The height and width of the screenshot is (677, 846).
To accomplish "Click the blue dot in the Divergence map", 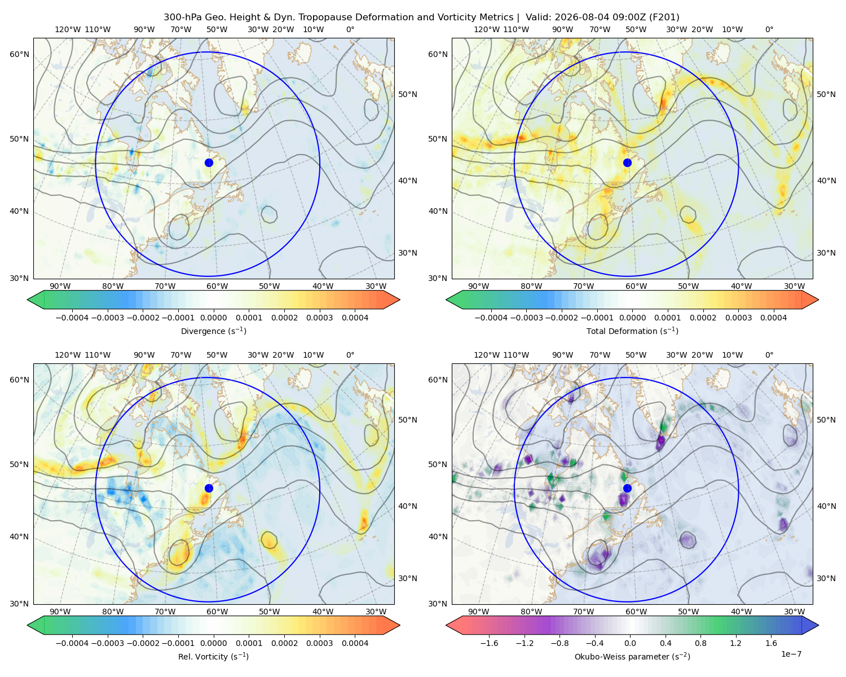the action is tap(209, 162).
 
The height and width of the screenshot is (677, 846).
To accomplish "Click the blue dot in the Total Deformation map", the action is tap(627, 162).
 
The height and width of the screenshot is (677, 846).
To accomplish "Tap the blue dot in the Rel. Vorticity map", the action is tap(209, 488).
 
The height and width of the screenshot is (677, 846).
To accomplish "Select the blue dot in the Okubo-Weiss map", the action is tap(627, 488).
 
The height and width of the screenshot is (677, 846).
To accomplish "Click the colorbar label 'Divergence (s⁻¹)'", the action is tap(213, 331).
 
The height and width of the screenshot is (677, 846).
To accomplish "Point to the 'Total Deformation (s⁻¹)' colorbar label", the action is tap(632, 331).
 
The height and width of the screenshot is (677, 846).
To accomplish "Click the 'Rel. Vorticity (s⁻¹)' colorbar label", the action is tap(213, 656).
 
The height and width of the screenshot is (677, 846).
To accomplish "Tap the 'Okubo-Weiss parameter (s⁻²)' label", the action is tap(632, 656).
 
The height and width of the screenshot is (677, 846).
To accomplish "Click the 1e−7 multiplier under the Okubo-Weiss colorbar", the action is tap(791, 654).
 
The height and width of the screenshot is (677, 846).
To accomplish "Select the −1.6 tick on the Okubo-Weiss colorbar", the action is tap(489, 643).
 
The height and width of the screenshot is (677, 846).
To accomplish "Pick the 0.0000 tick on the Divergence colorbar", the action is tap(213, 318).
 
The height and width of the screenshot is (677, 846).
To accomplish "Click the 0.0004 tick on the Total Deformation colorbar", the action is tap(773, 318).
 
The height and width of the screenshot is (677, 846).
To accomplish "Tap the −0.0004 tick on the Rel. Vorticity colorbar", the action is tap(72, 643).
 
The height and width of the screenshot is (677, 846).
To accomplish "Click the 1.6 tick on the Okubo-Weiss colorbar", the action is tap(771, 643).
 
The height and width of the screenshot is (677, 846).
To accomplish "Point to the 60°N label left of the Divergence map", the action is tap(19, 54).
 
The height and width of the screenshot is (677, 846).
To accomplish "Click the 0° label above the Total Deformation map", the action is tap(769, 29).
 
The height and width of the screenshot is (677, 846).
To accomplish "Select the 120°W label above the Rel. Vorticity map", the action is tap(68, 355).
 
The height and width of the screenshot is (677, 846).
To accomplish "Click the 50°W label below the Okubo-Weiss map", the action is tap(688, 612).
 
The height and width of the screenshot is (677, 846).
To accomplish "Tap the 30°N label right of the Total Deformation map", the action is tap(826, 253).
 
